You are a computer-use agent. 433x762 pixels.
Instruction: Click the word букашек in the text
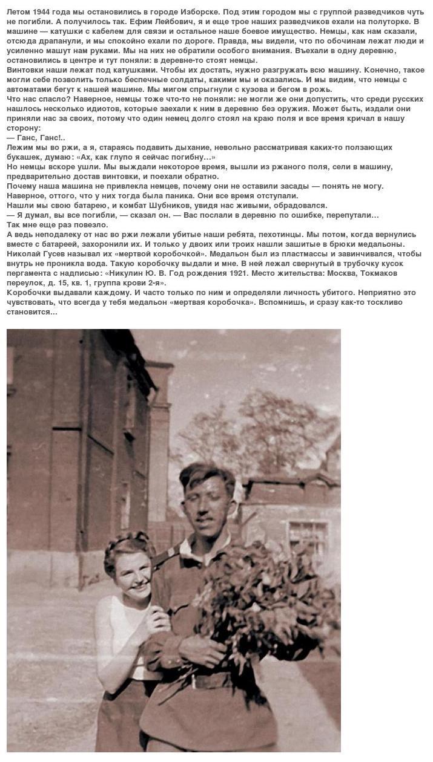(x=24, y=157)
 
